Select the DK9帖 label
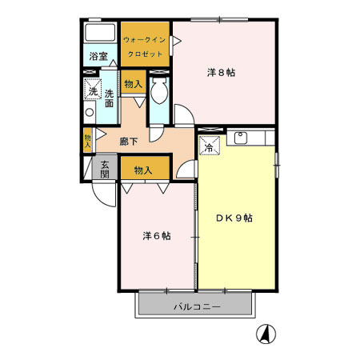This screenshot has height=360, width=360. pyautogui.click(x=235, y=218)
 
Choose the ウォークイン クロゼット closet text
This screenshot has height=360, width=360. pyautogui.click(x=145, y=46)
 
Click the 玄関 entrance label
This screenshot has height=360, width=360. pyautogui.click(x=104, y=170)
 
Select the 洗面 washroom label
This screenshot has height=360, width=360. pyautogui.click(x=108, y=98)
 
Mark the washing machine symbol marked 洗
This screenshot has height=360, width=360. pyautogui.click(x=92, y=91)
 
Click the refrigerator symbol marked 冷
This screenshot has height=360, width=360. pyautogui.click(x=207, y=146)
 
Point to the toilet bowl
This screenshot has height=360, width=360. pyautogui.click(x=158, y=93)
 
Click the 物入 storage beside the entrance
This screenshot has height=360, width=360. pyautogui.click(x=144, y=170)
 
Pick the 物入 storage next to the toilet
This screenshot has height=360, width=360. pyautogui.click(x=132, y=83)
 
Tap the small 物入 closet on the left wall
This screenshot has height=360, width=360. pyautogui.click(x=87, y=140)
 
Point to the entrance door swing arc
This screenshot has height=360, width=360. pyautogui.click(x=99, y=194)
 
